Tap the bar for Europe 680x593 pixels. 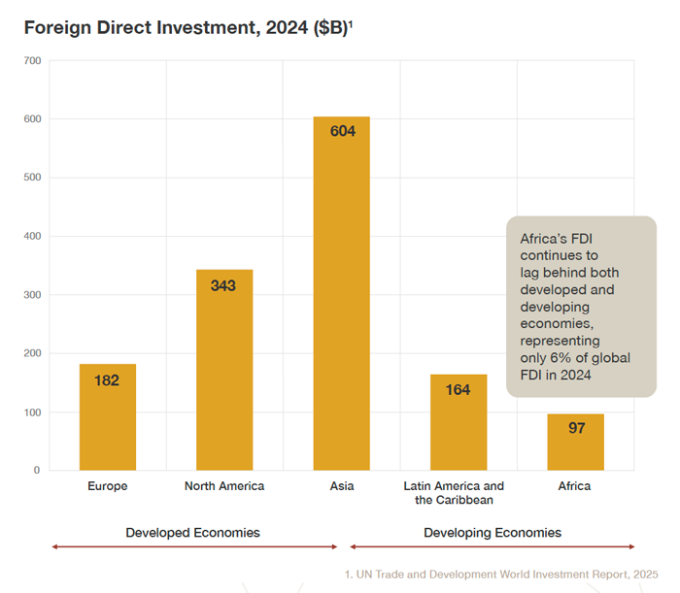(x=107, y=427)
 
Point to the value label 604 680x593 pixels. (x=342, y=131)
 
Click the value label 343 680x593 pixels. (x=223, y=285)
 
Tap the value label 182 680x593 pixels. (x=107, y=380)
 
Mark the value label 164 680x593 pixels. (x=458, y=390)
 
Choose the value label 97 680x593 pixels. (x=576, y=428)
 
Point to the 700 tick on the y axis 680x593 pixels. (x=31, y=61)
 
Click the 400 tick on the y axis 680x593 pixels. (x=31, y=237)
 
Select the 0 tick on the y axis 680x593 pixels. (x=36, y=471)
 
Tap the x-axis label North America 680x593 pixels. (x=224, y=486)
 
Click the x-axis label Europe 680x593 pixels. (x=107, y=486)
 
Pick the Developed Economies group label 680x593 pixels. (x=192, y=533)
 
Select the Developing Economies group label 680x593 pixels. (x=493, y=533)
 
